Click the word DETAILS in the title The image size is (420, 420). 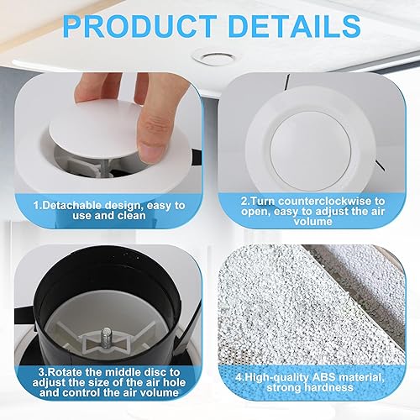tap(295, 26)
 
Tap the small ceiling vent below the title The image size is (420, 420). tap(214, 58)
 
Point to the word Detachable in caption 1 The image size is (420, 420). tap(73, 205)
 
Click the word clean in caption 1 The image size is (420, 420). tap(132, 216)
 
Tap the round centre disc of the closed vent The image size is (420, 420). tap(311, 151)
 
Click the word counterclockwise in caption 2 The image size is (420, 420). tap(326, 201)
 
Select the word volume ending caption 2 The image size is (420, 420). tap(313, 222)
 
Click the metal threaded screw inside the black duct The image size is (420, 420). tap(106, 338)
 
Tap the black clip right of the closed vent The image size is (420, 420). tap(379, 165)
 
